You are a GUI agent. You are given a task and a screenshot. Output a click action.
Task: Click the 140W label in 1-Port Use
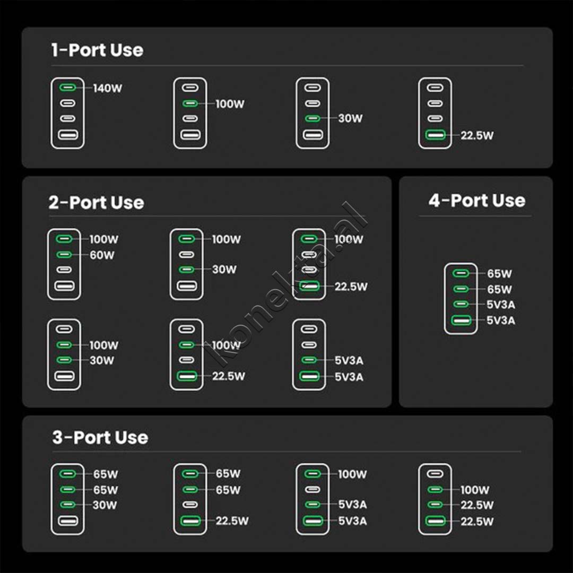[108, 88]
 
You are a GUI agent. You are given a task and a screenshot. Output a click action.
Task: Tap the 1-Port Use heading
[97, 50]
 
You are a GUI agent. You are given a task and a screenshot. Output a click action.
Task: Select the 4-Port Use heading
[476, 201]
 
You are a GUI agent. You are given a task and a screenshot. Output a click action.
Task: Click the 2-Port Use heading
[96, 203]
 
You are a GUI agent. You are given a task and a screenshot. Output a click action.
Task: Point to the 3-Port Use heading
[100, 438]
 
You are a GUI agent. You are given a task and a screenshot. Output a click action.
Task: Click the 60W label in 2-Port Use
[102, 255]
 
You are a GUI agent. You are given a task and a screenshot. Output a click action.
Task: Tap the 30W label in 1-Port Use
[350, 119]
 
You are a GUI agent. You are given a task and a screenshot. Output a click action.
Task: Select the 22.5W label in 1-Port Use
[477, 135]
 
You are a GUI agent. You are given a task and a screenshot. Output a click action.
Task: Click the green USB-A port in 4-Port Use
[461, 320]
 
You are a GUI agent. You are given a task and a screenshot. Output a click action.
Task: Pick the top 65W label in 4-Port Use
[499, 274]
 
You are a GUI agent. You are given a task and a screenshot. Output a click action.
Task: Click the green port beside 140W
[67, 88]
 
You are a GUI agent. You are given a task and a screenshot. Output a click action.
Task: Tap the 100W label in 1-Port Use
[230, 104]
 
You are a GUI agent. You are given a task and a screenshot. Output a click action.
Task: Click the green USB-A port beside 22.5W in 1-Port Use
[435, 135]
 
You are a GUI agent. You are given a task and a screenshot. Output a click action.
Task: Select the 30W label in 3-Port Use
[105, 505]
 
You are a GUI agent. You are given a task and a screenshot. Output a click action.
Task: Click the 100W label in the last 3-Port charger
[474, 490]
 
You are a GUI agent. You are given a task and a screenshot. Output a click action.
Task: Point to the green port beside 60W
[64, 255]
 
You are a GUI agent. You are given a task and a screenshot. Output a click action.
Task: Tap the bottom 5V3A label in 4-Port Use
[501, 320]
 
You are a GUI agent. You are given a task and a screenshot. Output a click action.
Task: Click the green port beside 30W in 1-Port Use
[312, 119]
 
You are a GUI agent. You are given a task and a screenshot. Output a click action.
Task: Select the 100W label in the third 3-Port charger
[352, 474]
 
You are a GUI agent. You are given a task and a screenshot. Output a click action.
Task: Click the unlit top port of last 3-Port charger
[435, 473]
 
